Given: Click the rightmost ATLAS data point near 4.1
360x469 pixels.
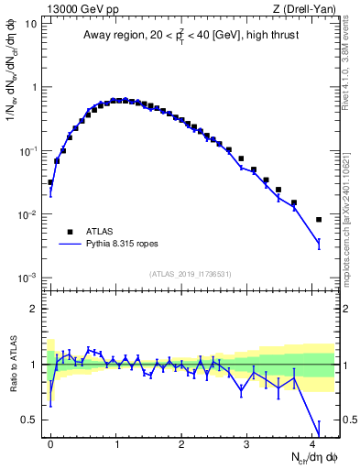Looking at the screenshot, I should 319,220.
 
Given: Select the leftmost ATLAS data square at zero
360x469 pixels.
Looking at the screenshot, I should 50,182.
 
